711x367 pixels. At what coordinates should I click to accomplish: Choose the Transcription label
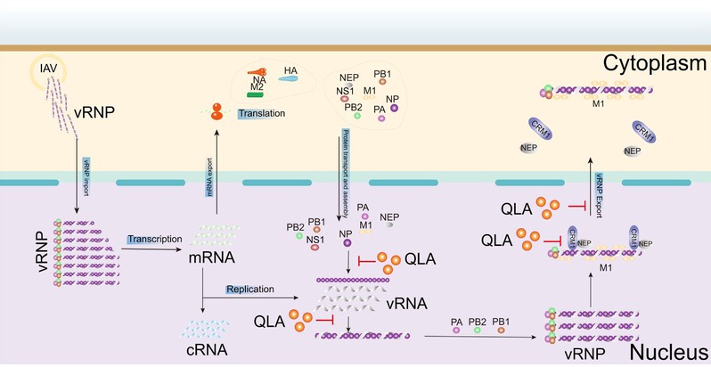click(x=154, y=240)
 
